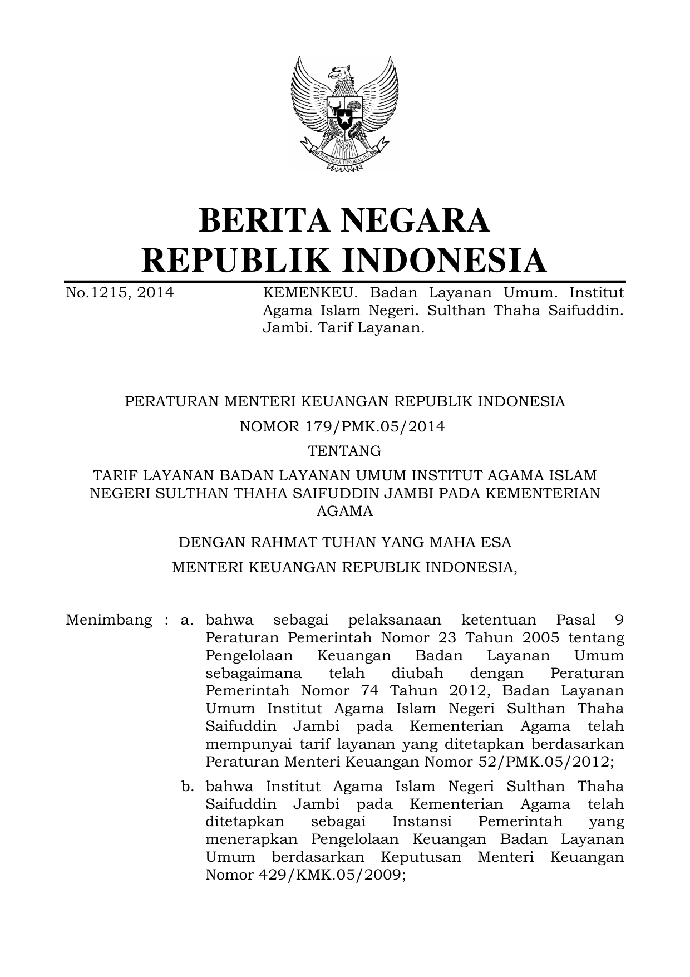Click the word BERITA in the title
click(261, 220)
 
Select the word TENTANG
click(345, 451)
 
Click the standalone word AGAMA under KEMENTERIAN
click(345, 511)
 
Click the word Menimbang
click(109, 620)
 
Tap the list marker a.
click(186, 620)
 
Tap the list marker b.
click(187, 787)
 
